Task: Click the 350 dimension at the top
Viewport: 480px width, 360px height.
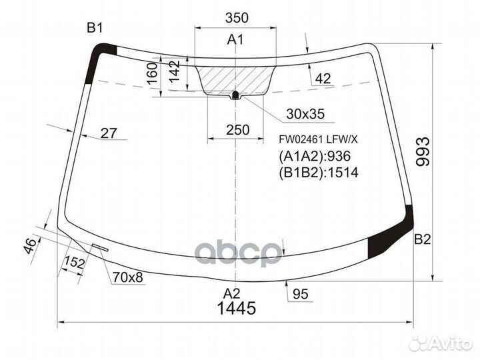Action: click(x=237, y=18)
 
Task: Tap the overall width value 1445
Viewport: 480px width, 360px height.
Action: click(x=236, y=308)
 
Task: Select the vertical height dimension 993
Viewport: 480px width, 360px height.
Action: click(x=423, y=151)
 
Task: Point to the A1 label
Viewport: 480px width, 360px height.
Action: click(x=235, y=39)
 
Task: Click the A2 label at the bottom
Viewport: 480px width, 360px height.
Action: click(x=231, y=293)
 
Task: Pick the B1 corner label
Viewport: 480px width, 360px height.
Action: click(x=95, y=28)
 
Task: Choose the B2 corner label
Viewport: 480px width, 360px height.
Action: click(x=423, y=239)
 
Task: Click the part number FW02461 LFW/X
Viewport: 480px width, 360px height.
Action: click(x=318, y=139)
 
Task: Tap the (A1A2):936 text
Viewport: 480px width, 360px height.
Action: click(x=315, y=157)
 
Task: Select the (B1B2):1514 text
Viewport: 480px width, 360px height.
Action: click(x=319, y=173)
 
